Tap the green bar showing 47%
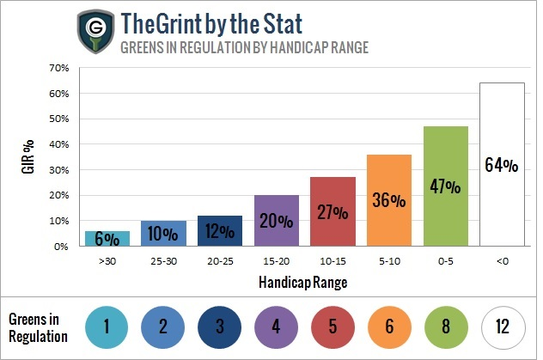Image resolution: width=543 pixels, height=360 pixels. tap(446, 186)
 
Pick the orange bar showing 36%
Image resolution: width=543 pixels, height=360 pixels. tap(388, 200)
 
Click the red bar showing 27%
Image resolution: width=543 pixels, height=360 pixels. tap(333, 211)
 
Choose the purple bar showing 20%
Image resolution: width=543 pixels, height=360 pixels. tap(276, 220)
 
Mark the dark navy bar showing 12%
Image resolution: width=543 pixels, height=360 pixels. tap(219, 230)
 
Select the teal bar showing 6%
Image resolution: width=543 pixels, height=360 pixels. tap(107, 238)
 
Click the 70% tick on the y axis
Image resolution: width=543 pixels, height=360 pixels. tap(59, 68)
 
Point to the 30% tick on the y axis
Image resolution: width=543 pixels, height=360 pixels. tap(59, 170)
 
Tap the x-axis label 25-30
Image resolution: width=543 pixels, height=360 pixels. tap(163, 258)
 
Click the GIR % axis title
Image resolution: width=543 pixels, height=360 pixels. tap(31, 157)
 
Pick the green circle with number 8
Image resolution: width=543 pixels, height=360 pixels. tap(445, 326)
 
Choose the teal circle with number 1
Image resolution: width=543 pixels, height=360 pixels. tap(107, 326)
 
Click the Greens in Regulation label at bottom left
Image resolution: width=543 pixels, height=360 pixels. tap(40, 326)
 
